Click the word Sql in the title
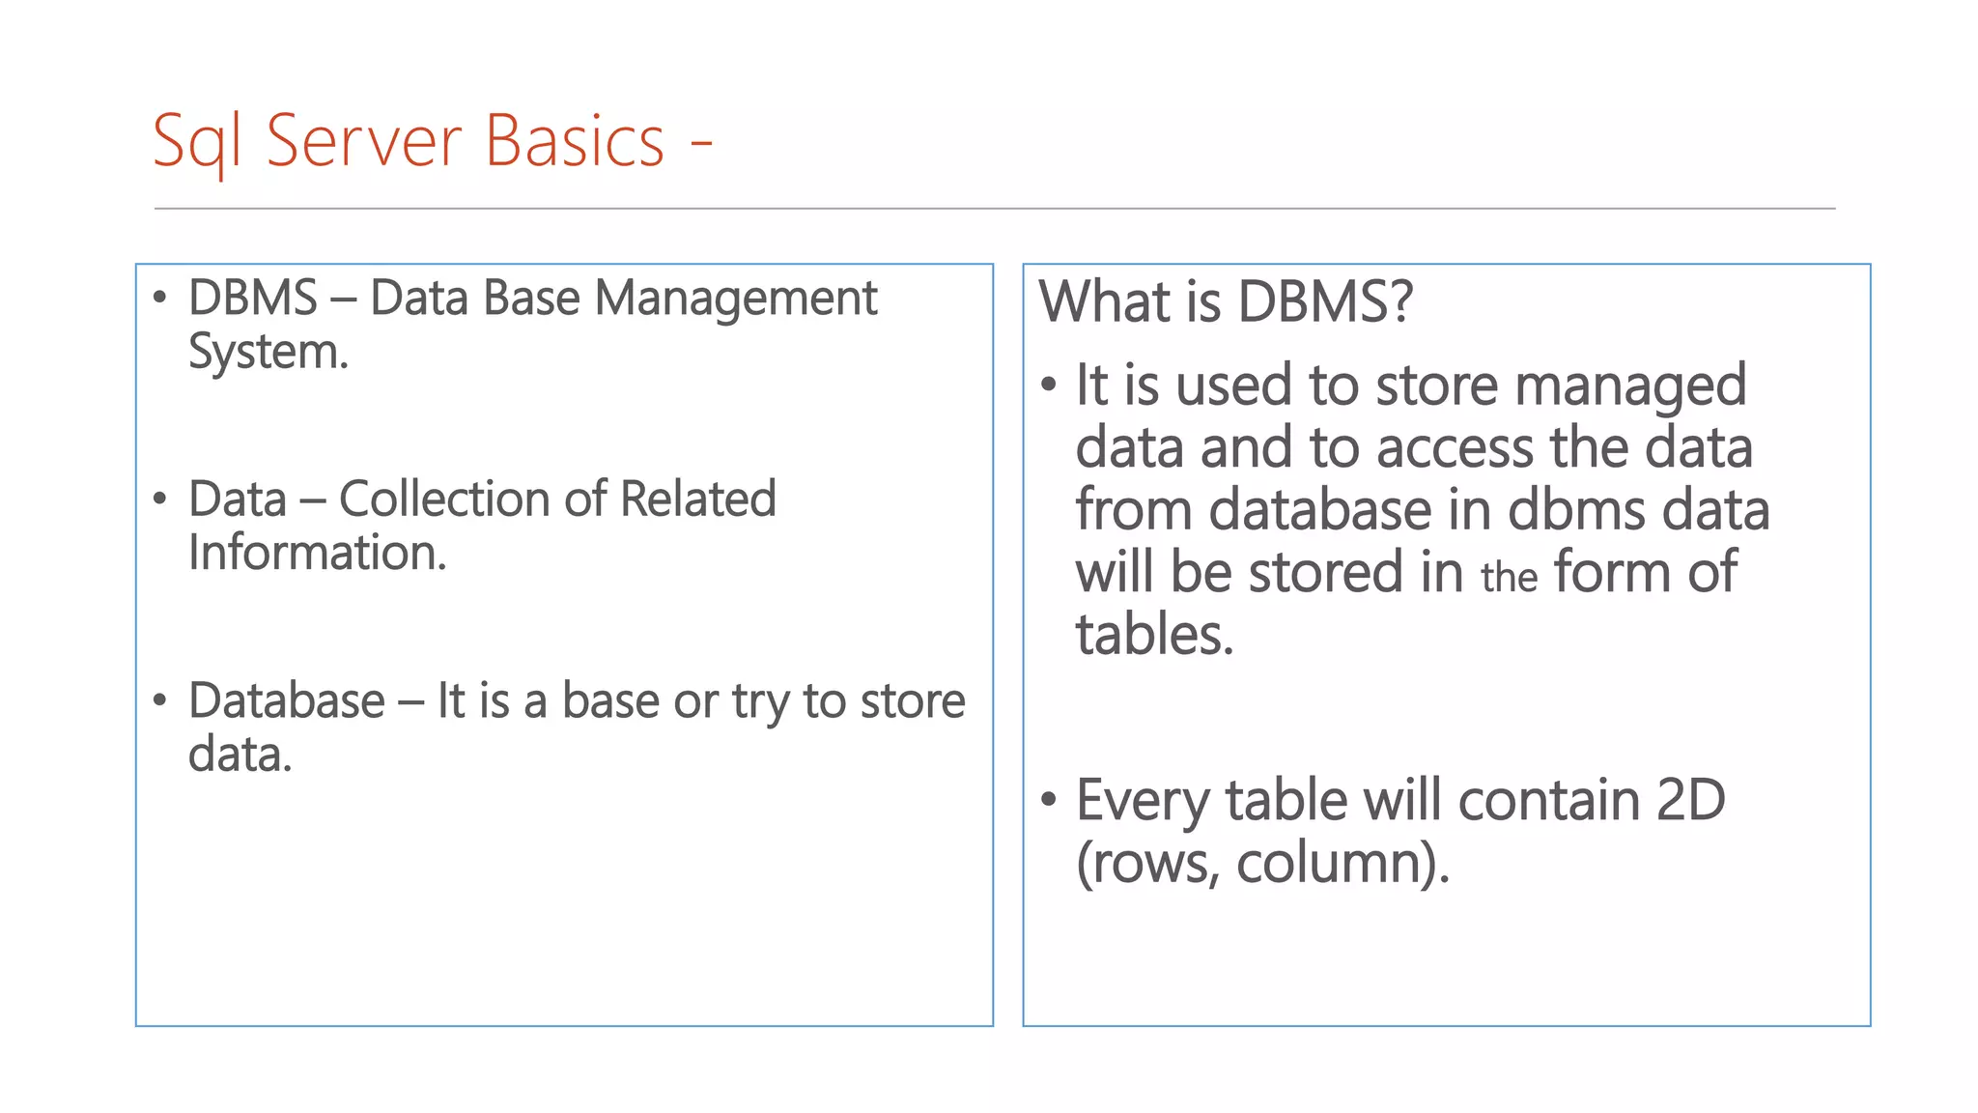(196, 143)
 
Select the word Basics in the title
(575, 141)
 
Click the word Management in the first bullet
(736, 300)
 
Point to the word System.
(268, 353)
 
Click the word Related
(697, 499)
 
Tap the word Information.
(317, 554)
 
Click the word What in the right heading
(1104, 301)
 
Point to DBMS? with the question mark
(1325, 301)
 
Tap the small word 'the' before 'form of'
(1509, 578)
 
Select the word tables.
(1154, 636)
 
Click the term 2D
(1690, 801)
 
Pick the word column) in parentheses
(1342, 863)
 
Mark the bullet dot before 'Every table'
(1050, 799)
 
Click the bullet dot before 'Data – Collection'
(160, 499)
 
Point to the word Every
(1143, 801)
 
